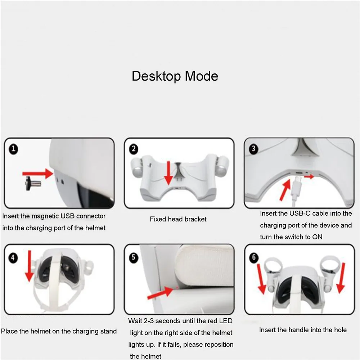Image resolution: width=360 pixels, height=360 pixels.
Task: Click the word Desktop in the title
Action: click(x=157, y=76)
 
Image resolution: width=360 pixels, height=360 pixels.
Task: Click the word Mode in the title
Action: click(x=201, y=76)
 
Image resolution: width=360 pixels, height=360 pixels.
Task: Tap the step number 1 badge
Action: click(x=13, y=149)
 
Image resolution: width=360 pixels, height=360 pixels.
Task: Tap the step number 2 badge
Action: click(x=134, y=149)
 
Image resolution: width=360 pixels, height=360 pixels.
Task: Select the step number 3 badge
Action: click(x=253, y=149)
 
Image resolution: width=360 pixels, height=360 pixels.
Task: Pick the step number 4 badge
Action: click(x=13, y=258)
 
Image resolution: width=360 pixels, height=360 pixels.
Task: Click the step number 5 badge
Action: click(x=134, y=257)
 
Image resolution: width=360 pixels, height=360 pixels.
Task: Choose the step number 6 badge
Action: click(x=254, y=257)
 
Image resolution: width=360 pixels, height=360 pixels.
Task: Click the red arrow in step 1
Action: click(x=38, y=174)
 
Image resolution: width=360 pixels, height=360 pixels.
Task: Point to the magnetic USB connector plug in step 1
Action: click(x=33, y=183)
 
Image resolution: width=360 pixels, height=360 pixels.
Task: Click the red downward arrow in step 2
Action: click(x=169, y=173)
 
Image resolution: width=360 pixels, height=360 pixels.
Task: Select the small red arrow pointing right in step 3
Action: click(x=309, y=176)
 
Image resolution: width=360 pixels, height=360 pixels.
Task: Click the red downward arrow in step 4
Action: click(x=29, y=266)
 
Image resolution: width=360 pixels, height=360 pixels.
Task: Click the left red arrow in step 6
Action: click(x=261, y=279)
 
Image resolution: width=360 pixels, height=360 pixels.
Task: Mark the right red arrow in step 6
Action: click(x=341, y=278)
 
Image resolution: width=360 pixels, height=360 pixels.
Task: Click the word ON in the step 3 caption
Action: click(x=317, y=237)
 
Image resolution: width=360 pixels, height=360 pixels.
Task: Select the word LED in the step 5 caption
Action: click(x=225, y=321)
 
